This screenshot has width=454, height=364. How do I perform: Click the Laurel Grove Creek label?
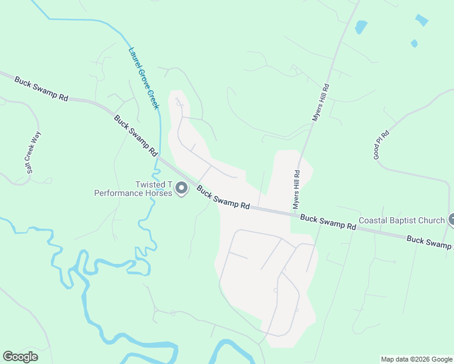tap(144, 78)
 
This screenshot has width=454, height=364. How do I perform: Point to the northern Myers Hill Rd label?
tap(320, 103)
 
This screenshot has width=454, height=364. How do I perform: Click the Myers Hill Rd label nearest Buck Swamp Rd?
tap(297, 189)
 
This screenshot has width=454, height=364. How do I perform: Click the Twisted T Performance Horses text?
tap(134, 189)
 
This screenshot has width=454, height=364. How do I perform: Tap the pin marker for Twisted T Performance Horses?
tap(181, 190)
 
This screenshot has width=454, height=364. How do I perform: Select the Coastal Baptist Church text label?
tap(402, 220)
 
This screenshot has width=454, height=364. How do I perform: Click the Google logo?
tap(20, 357)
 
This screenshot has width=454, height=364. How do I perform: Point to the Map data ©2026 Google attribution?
tap(416, 359)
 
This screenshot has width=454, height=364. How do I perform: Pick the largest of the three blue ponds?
tap(361, 27)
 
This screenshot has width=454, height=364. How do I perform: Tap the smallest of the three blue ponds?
tap(414, 44)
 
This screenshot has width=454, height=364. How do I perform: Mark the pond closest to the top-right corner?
tap(421, 20)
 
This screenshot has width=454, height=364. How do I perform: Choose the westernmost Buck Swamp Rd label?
tap(41, 89)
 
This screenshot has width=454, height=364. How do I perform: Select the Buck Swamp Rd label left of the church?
tap(328, 221)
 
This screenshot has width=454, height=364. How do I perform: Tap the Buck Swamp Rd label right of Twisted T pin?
tap(223, 198)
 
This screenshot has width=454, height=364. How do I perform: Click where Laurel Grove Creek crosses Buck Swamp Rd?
tap(161, 159)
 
